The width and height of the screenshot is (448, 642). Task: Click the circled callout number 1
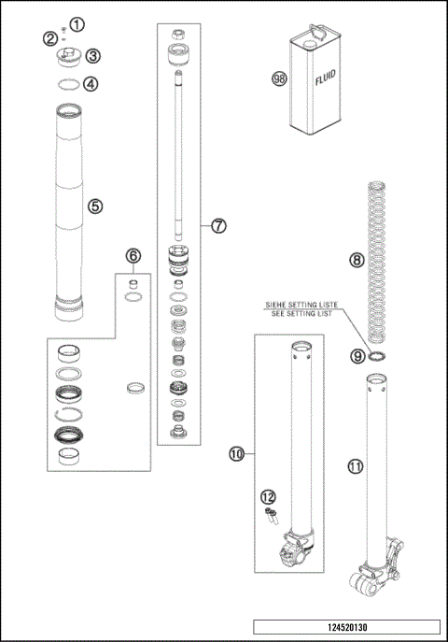coord(77,23)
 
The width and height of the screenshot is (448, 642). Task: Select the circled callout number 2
coord(49,37)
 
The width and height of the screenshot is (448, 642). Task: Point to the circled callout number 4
coord(91,83)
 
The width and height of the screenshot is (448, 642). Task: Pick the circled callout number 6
coord(133,256)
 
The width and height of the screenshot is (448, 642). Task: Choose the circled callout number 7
coord(218,225)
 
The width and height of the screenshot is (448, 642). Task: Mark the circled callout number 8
coord(357,261)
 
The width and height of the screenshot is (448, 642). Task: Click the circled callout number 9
coord(357,355)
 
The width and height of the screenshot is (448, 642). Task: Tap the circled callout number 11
coord(354,464)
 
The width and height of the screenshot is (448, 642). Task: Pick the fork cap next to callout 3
coord(68,57)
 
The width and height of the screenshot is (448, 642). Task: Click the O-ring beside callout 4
coord(66,83)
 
